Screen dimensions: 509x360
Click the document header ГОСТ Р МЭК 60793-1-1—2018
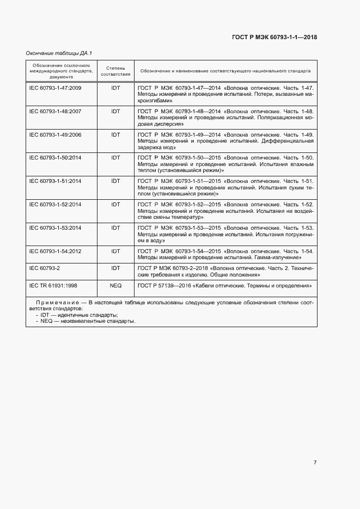coord(274,37)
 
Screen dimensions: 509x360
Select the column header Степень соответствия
coord(115,71)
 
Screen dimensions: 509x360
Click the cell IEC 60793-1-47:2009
coord(55,88)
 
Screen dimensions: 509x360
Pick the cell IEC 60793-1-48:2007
coord(55,111)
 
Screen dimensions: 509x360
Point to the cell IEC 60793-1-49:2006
coord(55,134)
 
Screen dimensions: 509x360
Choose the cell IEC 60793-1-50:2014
coord(55,158)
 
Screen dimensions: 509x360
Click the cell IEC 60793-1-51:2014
coord(55,181)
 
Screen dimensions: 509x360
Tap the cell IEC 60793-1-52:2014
coord(55,205)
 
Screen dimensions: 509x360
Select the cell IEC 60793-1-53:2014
coord(55,228)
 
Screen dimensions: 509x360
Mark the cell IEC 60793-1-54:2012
coord(55,251)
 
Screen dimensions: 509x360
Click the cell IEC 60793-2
coord(45,268)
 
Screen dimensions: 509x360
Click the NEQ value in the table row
coord(115,285)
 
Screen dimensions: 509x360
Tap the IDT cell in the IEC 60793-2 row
coord(115,268)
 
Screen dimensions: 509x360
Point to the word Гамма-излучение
coord(279,257)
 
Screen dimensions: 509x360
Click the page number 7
coord(315,463)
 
